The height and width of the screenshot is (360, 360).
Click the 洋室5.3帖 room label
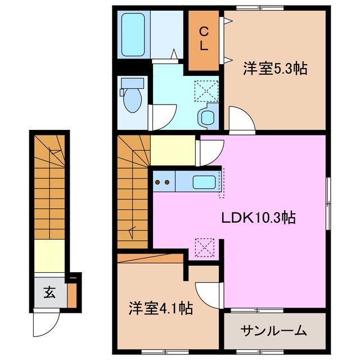(x=274, y=69)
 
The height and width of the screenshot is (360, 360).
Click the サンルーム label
(x=273, y=330)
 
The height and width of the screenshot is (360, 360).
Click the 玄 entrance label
(x=50, y=292)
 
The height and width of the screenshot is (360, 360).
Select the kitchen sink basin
(x=203, y=182)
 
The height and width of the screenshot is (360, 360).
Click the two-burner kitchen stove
(x=163, y=182)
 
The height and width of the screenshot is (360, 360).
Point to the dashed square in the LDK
(x=204, y=246)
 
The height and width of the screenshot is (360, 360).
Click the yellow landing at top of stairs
(x=173, y=150)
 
